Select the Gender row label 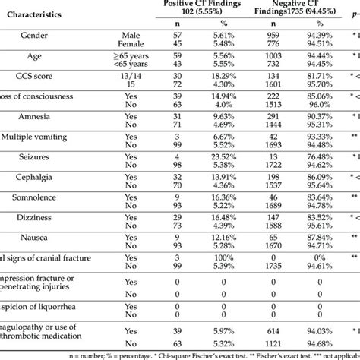pos(38,39)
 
